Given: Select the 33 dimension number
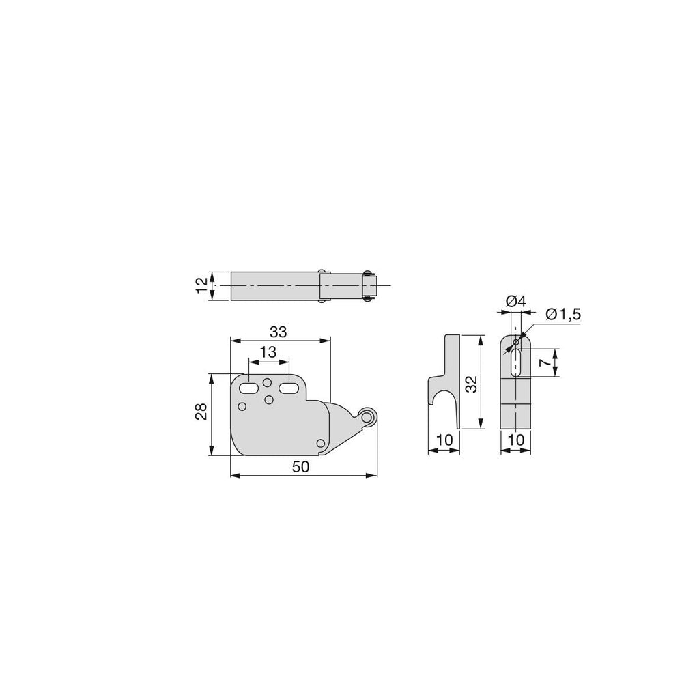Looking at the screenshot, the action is click(x=279, y=332).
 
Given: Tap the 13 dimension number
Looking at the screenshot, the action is click(x=268, y=352).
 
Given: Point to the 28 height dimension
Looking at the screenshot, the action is click(x=201, y=411).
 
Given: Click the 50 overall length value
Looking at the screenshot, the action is click(x=301, y=467).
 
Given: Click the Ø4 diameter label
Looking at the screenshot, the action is click(x=516, y=302).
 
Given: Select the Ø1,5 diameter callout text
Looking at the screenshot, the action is click(x=563, y=315).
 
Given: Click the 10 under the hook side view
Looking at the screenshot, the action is click(x=444, y=440).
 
